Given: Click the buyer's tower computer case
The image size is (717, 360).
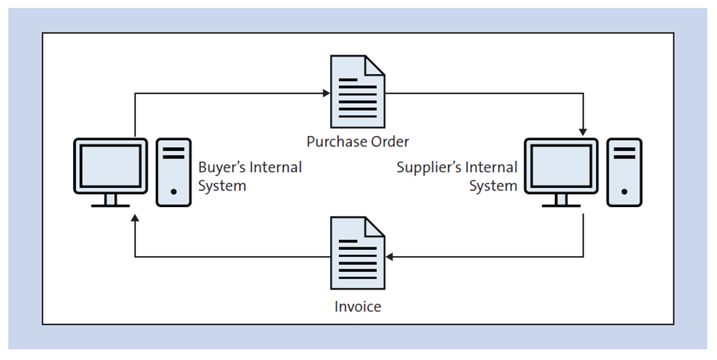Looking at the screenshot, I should click(x=174, y=171).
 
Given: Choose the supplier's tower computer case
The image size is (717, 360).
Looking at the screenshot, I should click(x=624, y=171).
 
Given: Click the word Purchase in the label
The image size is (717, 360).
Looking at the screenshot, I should click(x=333, y=142).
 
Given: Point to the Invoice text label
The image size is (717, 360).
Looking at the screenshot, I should click(x=357, y=307).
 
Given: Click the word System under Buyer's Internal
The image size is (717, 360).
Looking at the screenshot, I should click(x=221, y=186).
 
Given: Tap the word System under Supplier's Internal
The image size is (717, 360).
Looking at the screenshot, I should click(x=493, y=186).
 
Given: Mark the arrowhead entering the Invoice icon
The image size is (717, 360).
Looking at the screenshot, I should click(x=390, y=257).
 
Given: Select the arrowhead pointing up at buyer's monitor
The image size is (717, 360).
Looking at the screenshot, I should click(x=135, y=217).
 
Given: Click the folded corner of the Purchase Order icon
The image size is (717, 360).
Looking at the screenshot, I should click(x=375, y=66).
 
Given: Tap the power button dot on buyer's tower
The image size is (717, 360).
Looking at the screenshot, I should click(x=174, y=193).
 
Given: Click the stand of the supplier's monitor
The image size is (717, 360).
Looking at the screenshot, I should click(x=560, y=200).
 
